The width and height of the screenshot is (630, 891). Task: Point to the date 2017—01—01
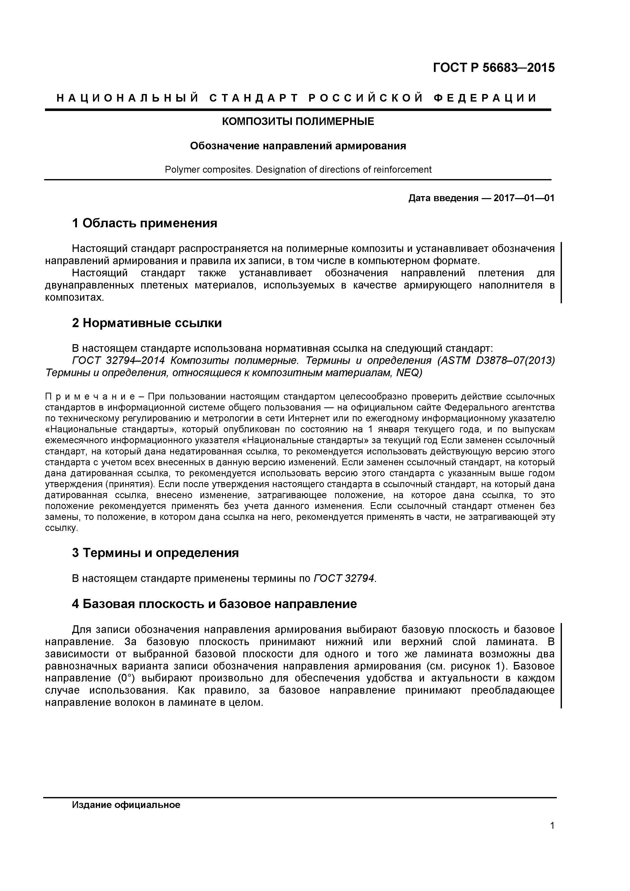(x=524, y=198)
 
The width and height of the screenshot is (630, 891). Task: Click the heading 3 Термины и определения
(x=155, y=553)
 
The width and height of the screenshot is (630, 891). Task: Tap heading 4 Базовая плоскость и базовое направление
(x=214, y=604)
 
